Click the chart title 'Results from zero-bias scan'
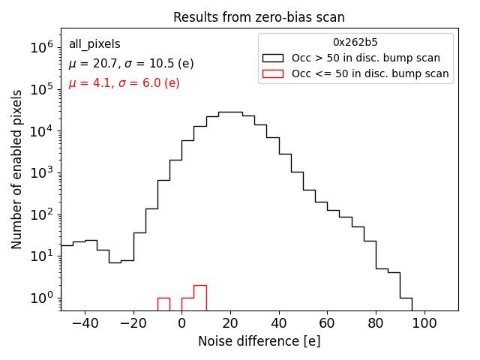click(x=259, y=17)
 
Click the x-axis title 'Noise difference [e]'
click(x=259, y=341)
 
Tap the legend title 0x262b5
click(x=355, y=43)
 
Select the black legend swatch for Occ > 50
click(x=273, y=58)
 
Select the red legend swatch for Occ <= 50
click(x=273, y=73)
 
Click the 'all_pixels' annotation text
click(x=94, y=44)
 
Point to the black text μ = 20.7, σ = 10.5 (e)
click(x=131, y=64)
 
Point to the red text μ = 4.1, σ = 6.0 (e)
click(x=124, y=83)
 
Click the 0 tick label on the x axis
click(x=181, y=322)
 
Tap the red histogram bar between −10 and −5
click(x=163, y=304)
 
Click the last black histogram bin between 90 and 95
click(x=406, y=304)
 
